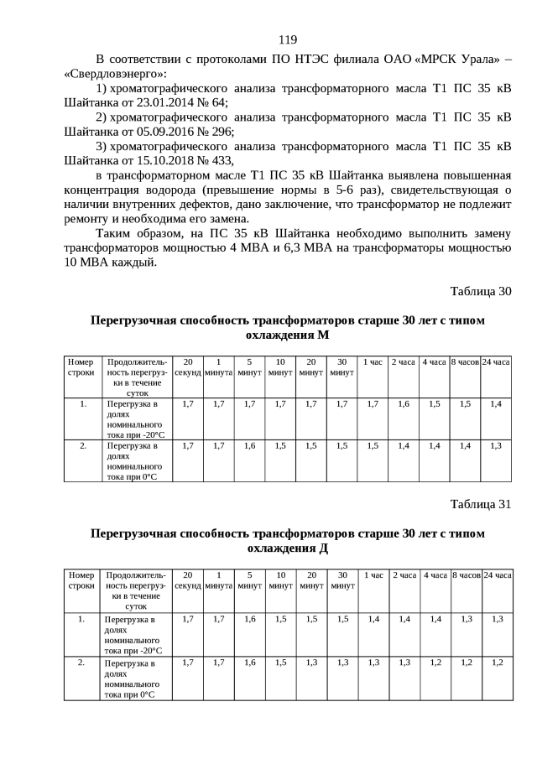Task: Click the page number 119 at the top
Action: (x=288, y=39)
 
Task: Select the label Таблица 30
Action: (x=480, y=292)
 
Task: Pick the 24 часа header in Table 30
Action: (x=496, y=362)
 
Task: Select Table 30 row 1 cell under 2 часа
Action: (x=404, y=404)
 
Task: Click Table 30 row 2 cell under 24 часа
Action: (x=496, y=445)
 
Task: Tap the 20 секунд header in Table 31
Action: (x=188, y=580)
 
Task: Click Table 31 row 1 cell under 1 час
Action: (x=373, y=619)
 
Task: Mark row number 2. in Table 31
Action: (x=81, y=663)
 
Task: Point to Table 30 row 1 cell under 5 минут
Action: (x=249, y=404)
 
